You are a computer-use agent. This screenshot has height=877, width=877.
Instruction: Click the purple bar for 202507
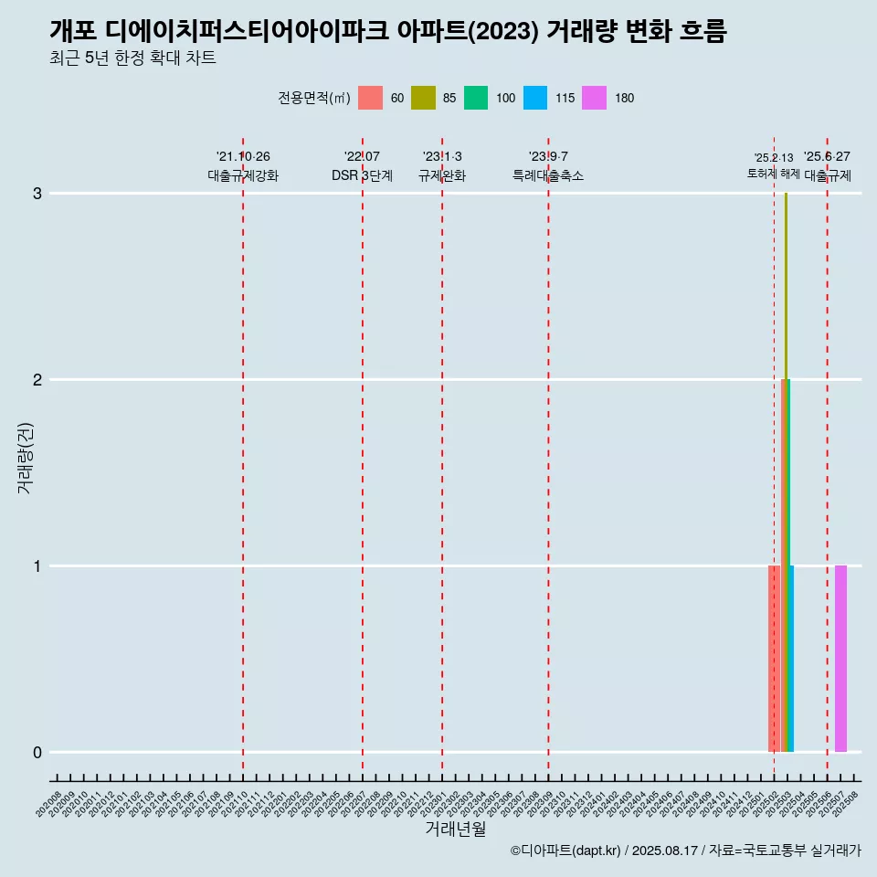840,659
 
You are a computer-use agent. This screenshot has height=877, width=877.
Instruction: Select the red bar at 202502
774,659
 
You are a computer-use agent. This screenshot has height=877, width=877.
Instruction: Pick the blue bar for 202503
792,659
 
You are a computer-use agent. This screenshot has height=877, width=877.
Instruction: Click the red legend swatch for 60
370,98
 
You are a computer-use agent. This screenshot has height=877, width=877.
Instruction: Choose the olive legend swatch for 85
423,98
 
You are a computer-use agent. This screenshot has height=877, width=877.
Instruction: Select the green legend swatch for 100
476,98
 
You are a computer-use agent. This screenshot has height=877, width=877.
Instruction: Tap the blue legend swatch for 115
535,98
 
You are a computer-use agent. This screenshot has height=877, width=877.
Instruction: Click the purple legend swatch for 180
595,98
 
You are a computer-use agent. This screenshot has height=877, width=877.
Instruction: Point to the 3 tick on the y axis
37,194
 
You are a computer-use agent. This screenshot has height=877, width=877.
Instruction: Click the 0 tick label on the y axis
37,753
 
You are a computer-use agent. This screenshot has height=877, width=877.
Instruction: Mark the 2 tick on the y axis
37,380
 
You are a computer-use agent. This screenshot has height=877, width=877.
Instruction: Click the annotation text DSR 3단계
362,176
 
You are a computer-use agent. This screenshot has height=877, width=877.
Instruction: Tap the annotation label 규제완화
442,176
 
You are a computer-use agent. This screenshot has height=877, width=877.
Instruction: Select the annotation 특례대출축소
548,176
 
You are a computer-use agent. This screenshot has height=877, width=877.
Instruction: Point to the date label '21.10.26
243,157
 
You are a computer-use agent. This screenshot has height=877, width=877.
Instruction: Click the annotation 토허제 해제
773,174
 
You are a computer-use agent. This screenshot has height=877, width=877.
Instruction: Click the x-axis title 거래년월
455,829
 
